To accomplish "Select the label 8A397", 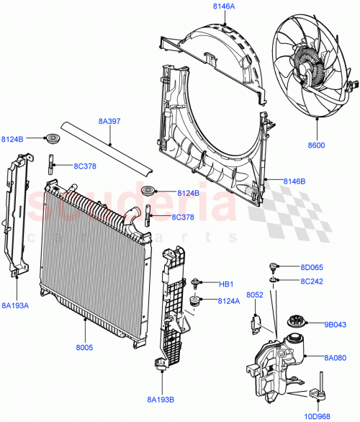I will click(x=109, y=122).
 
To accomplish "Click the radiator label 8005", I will click(x=85, y=346).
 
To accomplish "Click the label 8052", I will click(x=256, y=295).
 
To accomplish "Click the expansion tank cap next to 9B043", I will click(x=295, y=322).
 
